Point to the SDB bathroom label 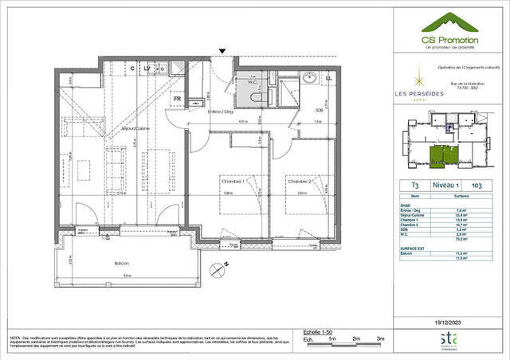click(319, 109)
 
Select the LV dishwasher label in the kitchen click(149, 69)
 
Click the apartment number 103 click(477, 185)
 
